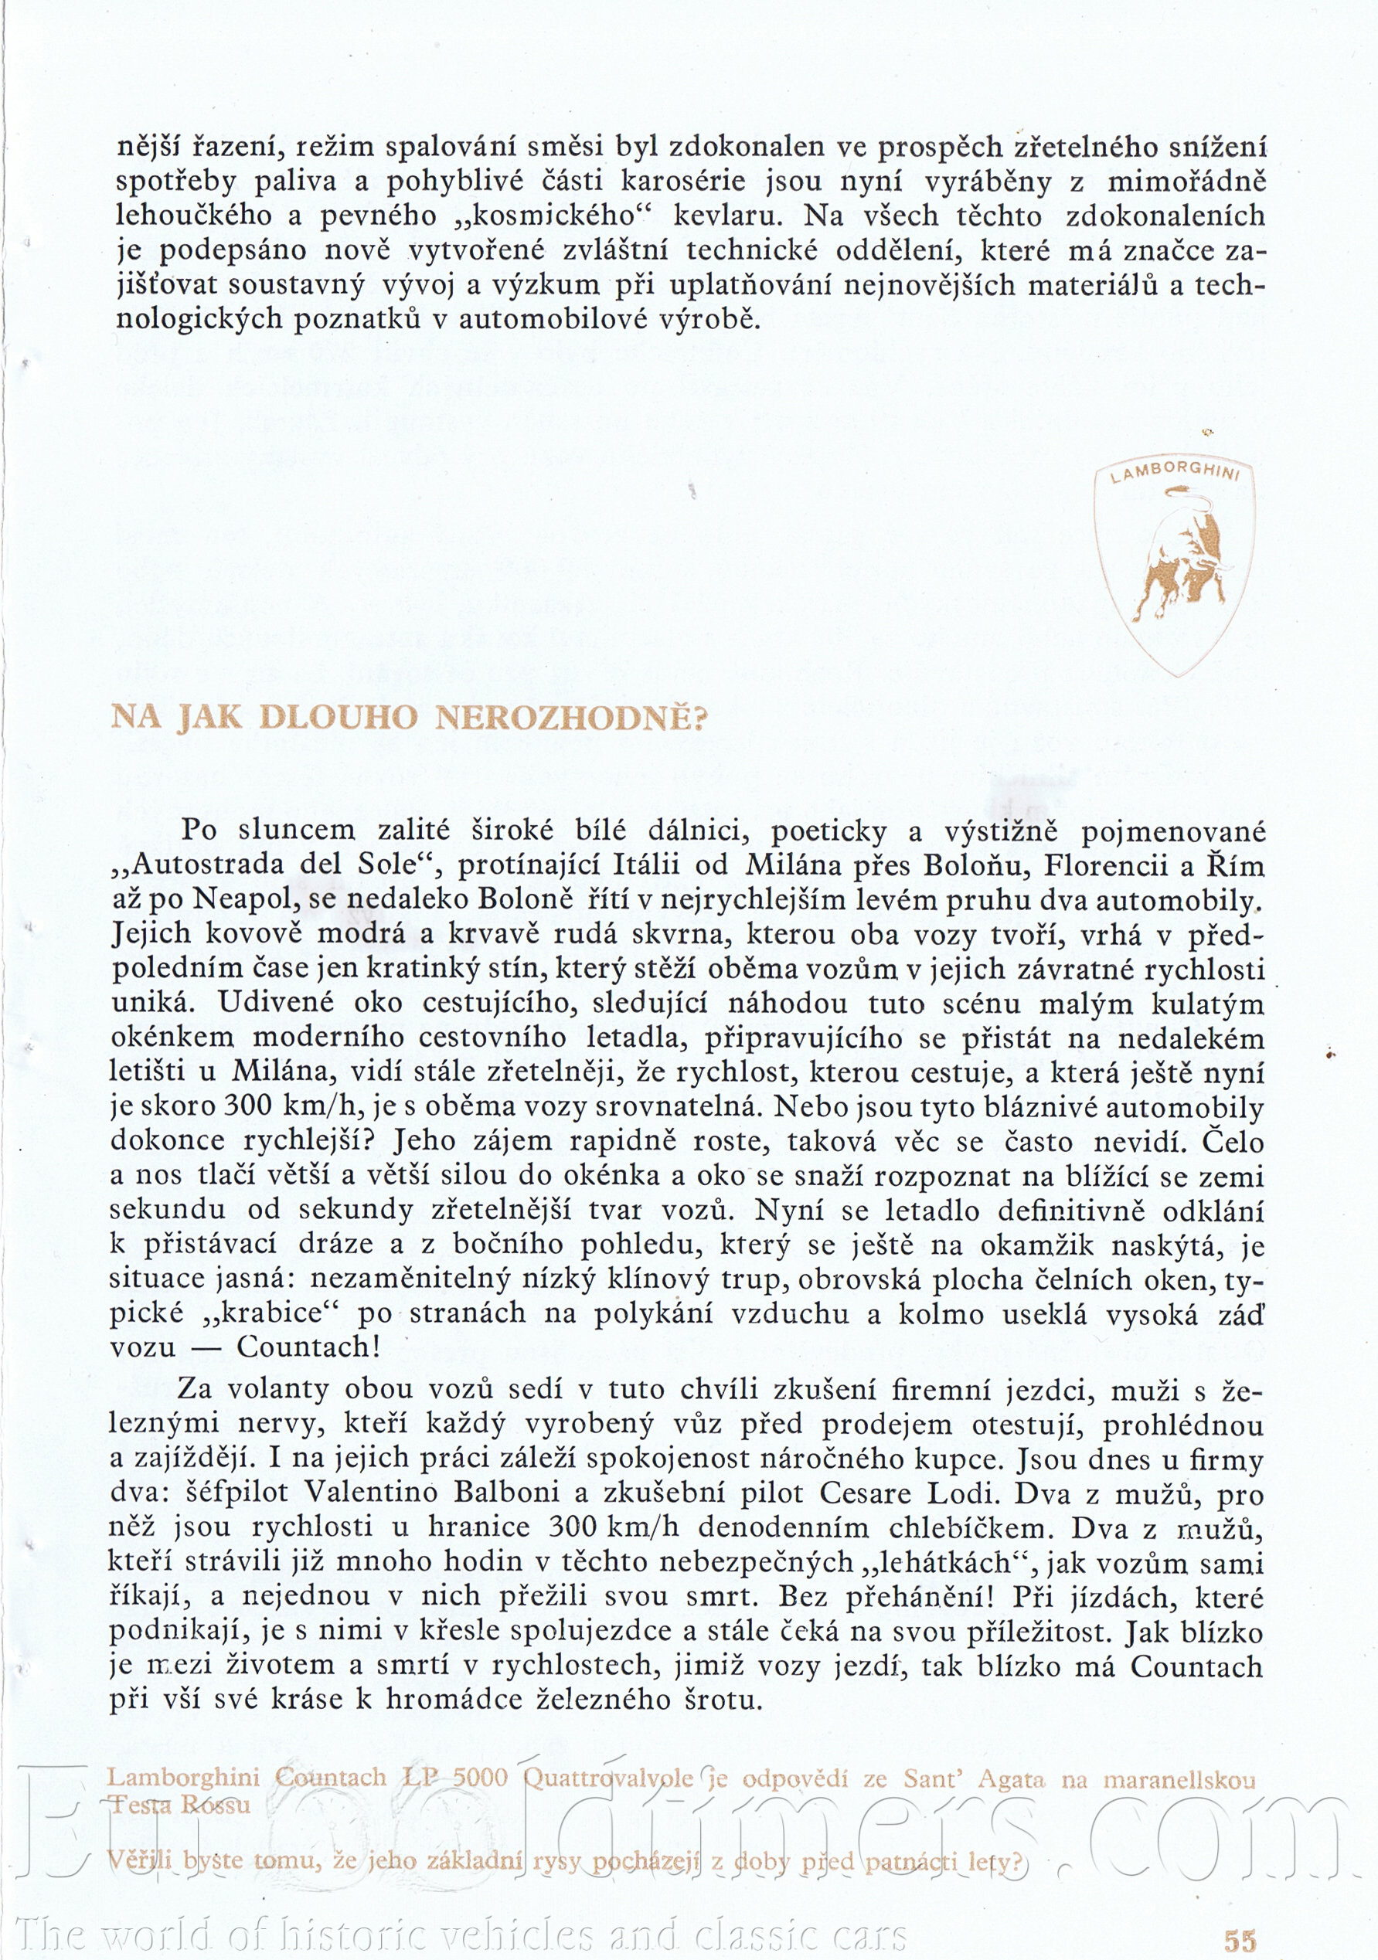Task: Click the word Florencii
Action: tap(1107, 865)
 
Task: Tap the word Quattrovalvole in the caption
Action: tap(608, 1778)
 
